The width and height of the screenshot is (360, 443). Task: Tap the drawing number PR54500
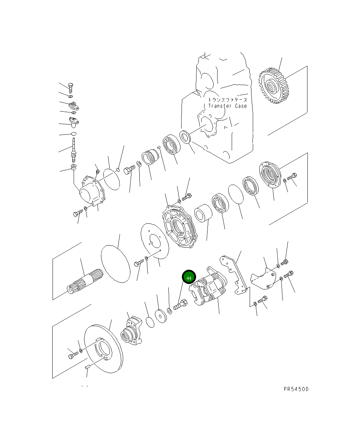click(296, 389)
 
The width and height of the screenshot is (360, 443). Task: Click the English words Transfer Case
click(228, 106)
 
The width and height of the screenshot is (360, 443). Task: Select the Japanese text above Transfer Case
click(228, 100)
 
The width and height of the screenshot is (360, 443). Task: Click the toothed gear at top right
click(274, 86)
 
